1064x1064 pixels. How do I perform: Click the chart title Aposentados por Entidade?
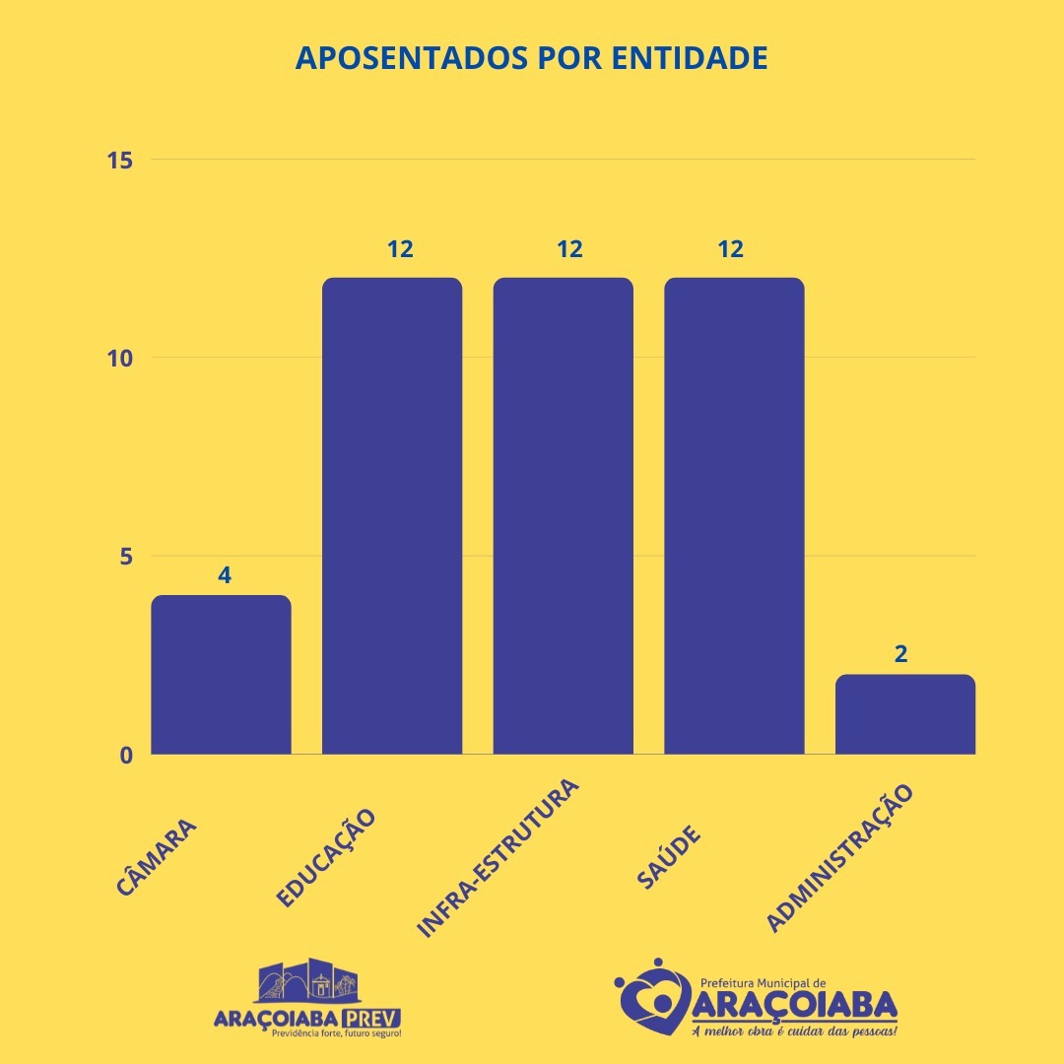click(532, 58)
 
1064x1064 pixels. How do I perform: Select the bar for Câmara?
click(221, 675)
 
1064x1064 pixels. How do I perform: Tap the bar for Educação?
click(392, 516)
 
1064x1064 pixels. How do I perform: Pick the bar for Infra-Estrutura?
click(563, 516)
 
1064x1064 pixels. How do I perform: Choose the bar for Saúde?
click(734, 516)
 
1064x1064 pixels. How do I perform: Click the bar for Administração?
click(904, 714)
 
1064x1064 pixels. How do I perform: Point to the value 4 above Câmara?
click(225, 574)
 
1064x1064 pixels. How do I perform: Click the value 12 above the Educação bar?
click(400, 249)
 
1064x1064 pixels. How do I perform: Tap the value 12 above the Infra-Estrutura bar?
click(569, 249)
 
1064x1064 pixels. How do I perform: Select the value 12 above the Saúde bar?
click(730, 249)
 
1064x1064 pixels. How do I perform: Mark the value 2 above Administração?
click(900, 653)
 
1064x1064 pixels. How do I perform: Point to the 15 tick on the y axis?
click(121, 160)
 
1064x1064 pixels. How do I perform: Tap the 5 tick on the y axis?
click(127, 556)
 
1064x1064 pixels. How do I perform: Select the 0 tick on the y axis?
click(127, 755)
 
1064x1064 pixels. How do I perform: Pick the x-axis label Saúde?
click(669, 856)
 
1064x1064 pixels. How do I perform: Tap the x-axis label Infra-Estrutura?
click(499, 858)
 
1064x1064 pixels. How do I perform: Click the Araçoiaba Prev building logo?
click(306, 981)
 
